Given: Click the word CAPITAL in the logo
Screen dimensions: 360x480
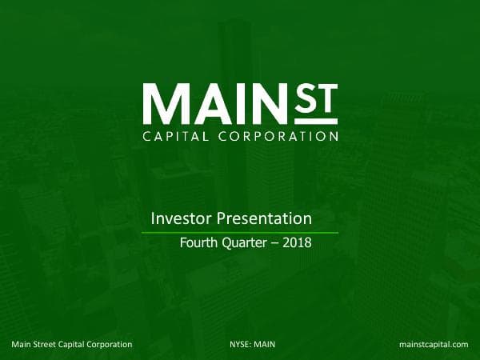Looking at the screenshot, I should (175, 136).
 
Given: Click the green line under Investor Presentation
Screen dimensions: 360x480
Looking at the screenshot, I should (240, 232).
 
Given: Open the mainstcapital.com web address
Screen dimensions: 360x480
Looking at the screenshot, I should (433, 344).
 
